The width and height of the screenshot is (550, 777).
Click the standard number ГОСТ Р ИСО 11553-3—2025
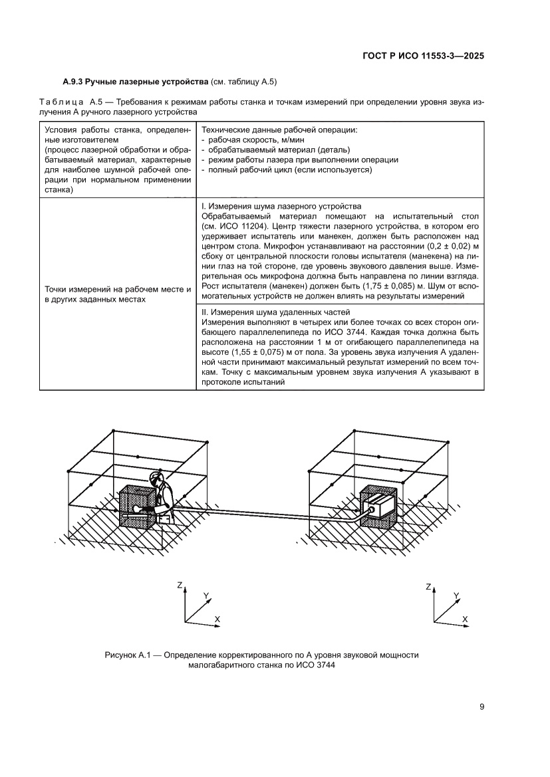[x=422, y=56]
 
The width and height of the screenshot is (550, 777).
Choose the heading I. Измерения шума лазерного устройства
[x=281, y=206]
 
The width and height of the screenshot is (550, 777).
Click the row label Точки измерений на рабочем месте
[x=118, y=290]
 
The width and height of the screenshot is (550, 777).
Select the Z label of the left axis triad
[x=180, y=586]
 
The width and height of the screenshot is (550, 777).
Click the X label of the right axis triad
[x=465, y=618]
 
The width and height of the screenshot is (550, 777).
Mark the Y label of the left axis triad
[x=206, y=596]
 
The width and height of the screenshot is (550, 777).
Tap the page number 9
[x=481, y=707]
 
